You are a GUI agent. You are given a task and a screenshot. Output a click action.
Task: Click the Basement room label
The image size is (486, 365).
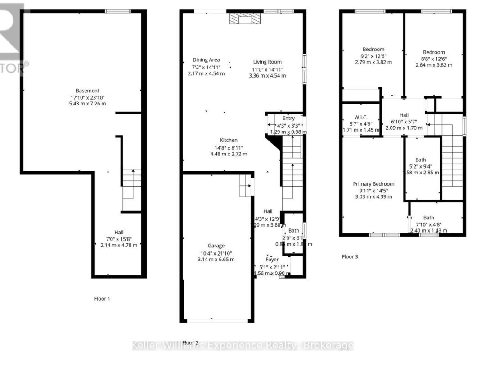click(87, 91)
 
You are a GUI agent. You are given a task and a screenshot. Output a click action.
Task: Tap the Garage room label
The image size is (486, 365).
click(216, 246)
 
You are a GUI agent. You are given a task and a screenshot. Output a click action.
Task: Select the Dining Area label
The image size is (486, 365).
click(206, 60)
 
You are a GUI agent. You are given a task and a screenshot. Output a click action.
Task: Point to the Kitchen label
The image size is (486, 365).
click(229, 140)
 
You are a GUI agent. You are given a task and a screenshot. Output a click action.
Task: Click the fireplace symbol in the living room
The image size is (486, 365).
click(245, 18)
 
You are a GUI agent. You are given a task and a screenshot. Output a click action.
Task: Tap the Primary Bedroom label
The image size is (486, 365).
click(373, 184)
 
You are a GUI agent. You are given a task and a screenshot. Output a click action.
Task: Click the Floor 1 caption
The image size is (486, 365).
click(102, 298)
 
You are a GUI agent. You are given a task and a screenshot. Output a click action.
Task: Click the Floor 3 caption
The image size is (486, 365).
click(350, 256)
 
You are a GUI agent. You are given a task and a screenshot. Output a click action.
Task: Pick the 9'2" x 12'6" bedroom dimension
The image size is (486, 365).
click(373, 56)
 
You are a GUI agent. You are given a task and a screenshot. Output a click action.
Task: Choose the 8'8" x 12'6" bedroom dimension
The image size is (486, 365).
click(434, 59)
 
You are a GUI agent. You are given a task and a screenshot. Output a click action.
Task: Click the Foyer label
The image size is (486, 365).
click(272, 260)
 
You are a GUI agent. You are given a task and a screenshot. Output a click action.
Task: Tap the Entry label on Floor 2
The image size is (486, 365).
click(288, 119)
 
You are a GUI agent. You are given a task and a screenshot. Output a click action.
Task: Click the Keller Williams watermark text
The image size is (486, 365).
click(243, 346)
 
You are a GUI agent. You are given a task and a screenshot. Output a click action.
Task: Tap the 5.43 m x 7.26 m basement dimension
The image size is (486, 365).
click(87, 104)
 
